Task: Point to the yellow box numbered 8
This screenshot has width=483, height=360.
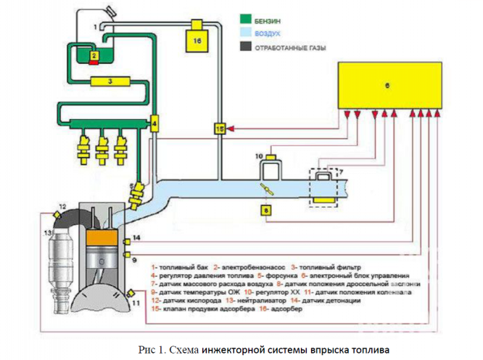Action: coord(266,210)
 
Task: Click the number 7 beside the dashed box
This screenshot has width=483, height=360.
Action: coord(340,173)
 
